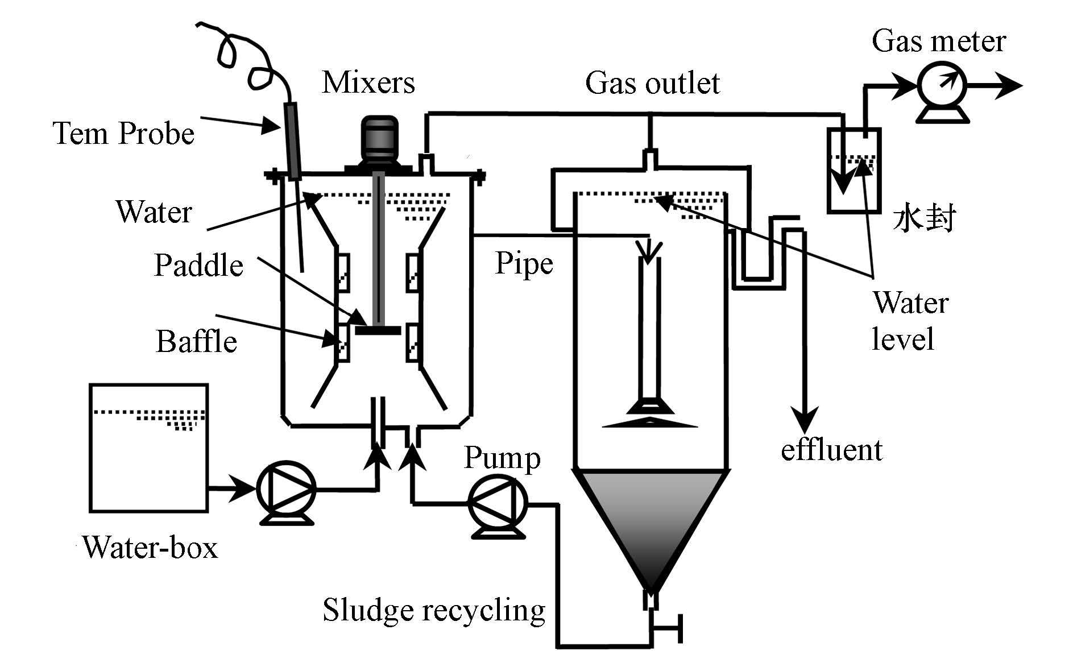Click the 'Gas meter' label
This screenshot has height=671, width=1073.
pyautogui.click(x=938, y=42)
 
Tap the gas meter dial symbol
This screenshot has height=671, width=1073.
pyautogui.click(x=942, y=86)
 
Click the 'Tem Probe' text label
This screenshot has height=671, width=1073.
pyautogui.click(x=123, y=134)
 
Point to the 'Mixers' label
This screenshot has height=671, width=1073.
pyautogui.click(x=368, y=82)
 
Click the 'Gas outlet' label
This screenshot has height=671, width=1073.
pyautogui.click(x=652, y=83)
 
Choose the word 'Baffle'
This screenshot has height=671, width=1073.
pyautogui.click(x=196, y=342)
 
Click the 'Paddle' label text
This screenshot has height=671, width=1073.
pyautogui.click(x=198, y=266)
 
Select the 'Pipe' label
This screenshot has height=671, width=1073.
pyautogui.click(x=524, y=263)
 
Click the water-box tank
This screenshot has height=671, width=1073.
pyautogui.click(x=148, y=448)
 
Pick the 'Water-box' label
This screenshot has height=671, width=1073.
pyautogui.click(x=150, y=548)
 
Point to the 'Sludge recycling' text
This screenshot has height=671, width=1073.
pyautogui.click(x=433, y=610)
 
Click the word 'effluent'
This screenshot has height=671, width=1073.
pyautogui.click(x=831, y=450)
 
